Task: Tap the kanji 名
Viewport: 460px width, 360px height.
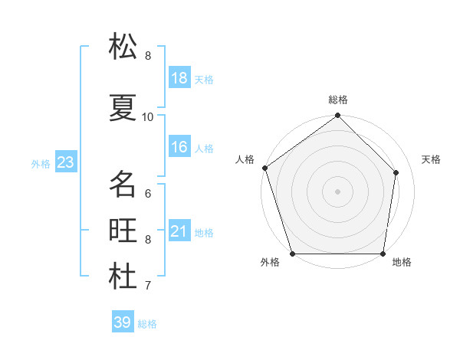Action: [x=123, y=184]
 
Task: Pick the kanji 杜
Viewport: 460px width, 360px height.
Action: [x=123, y=277]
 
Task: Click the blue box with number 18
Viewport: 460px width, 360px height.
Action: [x=179, y=78]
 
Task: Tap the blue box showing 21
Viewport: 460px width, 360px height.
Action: [x=179, y=231]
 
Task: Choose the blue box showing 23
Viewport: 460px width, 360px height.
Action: [x=65, y=162]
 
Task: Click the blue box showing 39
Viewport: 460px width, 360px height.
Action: [x=122, y=322]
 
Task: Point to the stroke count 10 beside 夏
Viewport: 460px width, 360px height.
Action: [x=148, y=116]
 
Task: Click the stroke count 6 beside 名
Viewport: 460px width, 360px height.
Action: [x=148, y=193]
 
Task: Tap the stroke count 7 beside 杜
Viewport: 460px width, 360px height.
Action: [x=148, y=286]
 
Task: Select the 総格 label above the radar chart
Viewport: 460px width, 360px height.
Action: [x=338, y=100]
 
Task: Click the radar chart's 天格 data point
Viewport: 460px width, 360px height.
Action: [x=396, y=172]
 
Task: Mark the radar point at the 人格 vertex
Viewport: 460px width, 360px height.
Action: [x=264, y=168]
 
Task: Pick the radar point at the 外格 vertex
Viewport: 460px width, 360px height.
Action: [x=292, y=254]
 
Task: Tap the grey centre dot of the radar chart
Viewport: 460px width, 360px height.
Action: [x=337, y=191]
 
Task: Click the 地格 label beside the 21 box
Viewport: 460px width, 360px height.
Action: [x=204, y=232]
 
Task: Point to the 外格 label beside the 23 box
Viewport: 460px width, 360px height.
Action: [x=40, y=163]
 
